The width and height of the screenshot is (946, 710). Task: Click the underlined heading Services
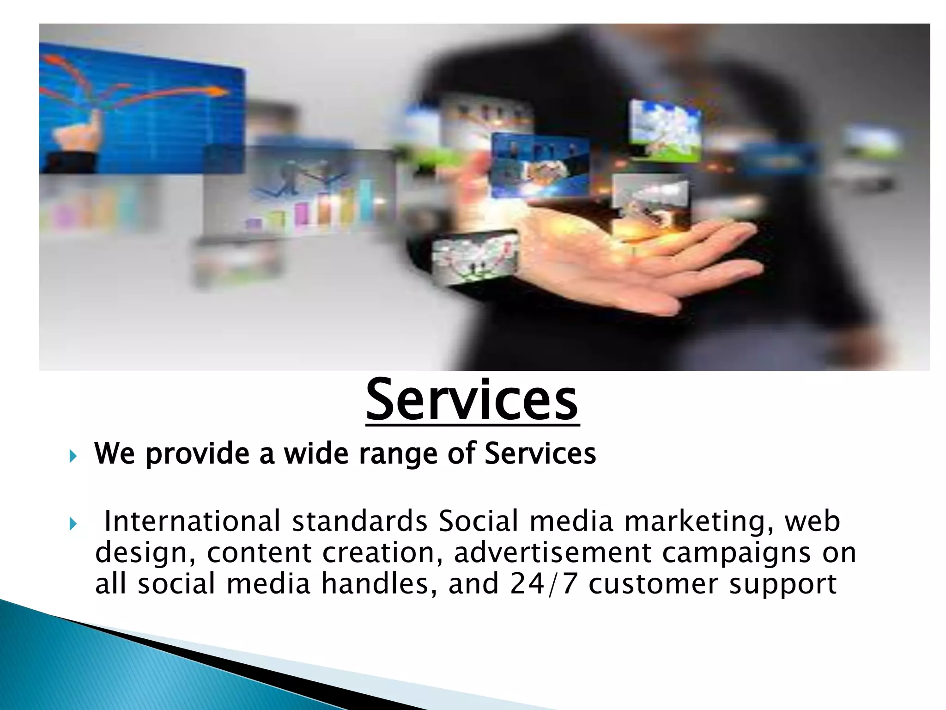coord(472,400)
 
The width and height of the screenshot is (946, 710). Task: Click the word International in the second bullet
coord(192,521)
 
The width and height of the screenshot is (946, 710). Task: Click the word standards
coord(359,521)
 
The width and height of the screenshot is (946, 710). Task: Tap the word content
coord(259,553)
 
